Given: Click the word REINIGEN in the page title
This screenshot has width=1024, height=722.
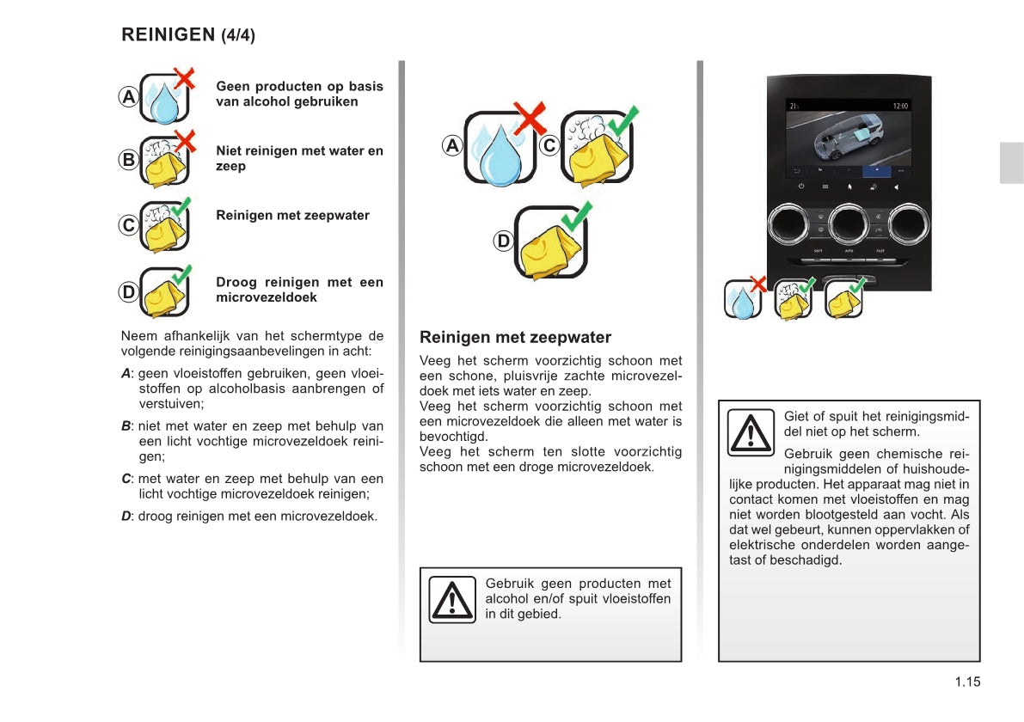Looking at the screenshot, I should pyautogui.click(x=168, y=35).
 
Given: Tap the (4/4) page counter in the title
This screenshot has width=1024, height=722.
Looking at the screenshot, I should pyautogui.click(x=238, y=36).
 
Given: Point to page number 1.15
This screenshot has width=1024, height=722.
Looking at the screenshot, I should pyautogui.click(x=966, y=682).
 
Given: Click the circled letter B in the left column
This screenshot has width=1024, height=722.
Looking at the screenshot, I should pyautogui.click(x=128, y=160).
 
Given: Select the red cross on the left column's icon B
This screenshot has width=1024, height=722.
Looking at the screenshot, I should pyautogui.click(x=183, y=139).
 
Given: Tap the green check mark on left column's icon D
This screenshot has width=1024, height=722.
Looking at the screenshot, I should pyautogui.click(x=181, y=274).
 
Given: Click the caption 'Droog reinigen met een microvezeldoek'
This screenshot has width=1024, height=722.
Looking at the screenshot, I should pyautogui.click(x=299, y=290).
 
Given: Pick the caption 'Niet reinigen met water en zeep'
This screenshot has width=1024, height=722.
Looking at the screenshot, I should pyautogui.click(x=299, y=158).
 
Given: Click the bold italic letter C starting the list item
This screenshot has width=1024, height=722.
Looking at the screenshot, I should pyautogui.click(x=126, y=479).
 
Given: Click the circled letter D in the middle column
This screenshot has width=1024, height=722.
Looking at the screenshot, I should pyautogui.click(x=503, y=242).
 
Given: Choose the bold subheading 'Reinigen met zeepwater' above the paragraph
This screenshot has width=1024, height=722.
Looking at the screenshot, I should pyautogui.click(x=515, y=338).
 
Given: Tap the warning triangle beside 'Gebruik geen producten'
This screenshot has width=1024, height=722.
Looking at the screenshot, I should pyautogui.click(x=451, y=599).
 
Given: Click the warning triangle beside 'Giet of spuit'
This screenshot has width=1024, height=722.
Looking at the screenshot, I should pyautogui.click(x=751, y=432).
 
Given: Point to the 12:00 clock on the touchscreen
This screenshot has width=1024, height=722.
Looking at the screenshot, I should pyautogui.click(x=900, y=106).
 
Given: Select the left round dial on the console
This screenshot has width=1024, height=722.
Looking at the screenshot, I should pyautogui.click(x=788, y=224).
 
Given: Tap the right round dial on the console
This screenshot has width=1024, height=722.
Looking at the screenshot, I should pyautogui.click(x=909, y=224).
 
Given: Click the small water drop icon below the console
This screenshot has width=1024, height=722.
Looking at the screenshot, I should pyautogui.click(x=742, y=300).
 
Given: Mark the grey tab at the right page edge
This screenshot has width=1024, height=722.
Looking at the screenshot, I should pyautogui.click(x=1011, y=163).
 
